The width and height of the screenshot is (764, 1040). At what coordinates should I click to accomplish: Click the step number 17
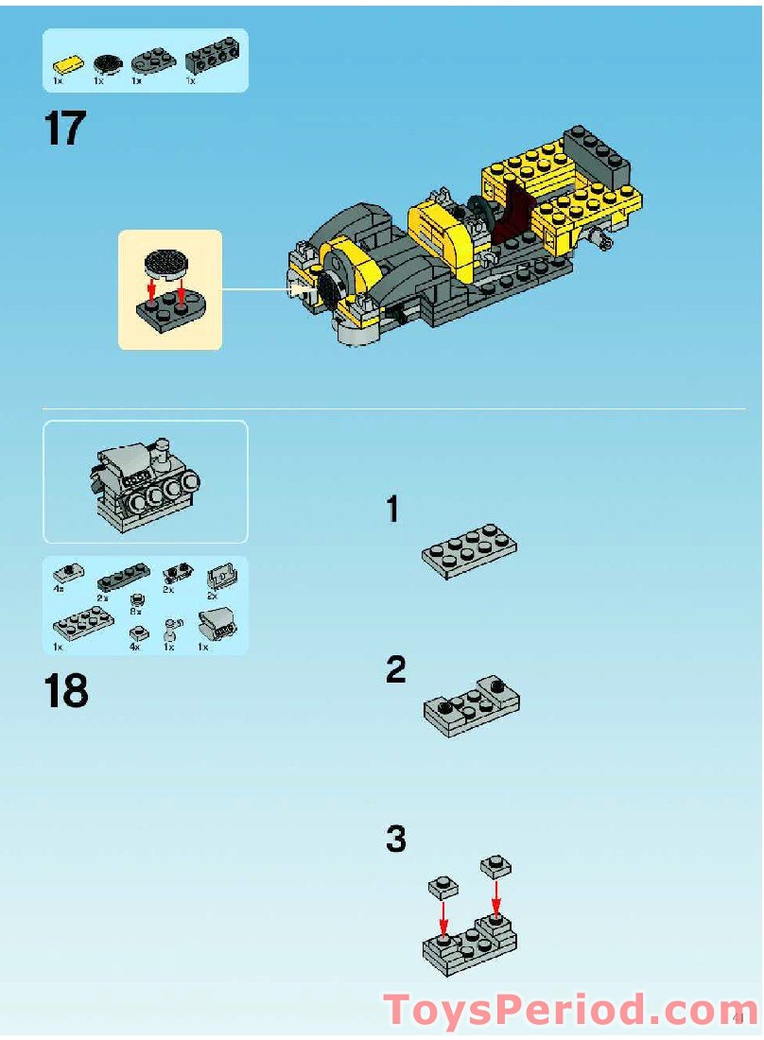(64, 129)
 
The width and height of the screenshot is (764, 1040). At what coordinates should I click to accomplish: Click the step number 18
(65, 692)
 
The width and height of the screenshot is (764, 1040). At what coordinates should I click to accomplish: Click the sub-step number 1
(392, 511)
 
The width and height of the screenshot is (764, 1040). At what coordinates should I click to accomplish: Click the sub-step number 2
(396, 671)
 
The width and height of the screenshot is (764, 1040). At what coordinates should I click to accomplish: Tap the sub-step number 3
(396, 839)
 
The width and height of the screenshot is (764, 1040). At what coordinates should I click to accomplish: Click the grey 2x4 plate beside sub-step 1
(469, 550)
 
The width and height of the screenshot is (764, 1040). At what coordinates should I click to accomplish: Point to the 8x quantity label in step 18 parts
(135, 612)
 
